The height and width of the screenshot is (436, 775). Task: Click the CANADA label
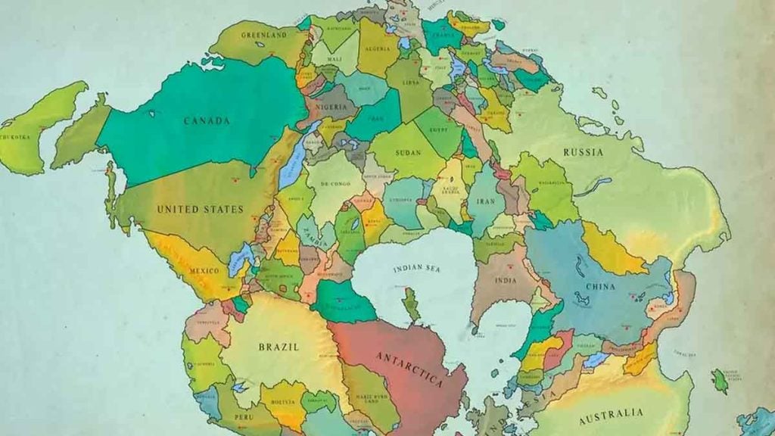click(x=206, y=120)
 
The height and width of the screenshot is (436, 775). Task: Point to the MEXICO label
click(x=204, y=270)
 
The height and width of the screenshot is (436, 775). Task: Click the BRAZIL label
click(x=279, y=347)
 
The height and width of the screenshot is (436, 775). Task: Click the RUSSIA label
click(x=584, y=152)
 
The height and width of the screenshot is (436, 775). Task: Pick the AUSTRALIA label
click(x=611, y=415)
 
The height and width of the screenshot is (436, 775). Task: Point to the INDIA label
click(x=506, y=279)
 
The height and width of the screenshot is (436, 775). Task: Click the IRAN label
click(x=486, y=201)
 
